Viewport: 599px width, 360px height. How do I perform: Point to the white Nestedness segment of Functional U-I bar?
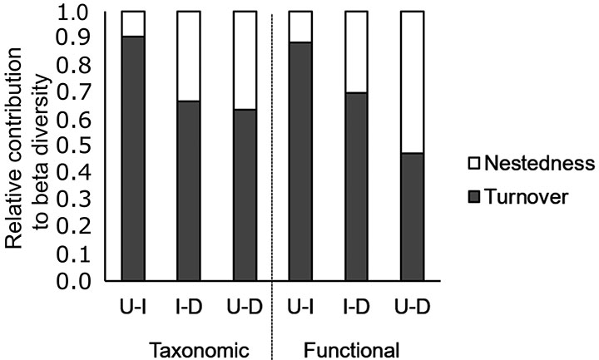[301, 26]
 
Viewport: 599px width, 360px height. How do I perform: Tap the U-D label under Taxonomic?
[244, 305]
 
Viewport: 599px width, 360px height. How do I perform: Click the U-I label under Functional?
[301, 305]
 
